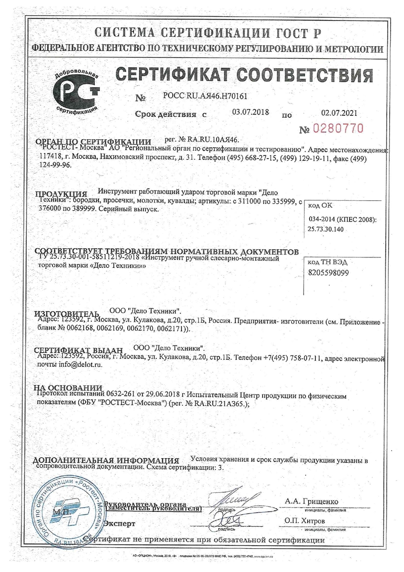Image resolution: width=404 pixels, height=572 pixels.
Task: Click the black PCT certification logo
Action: coord(76,91)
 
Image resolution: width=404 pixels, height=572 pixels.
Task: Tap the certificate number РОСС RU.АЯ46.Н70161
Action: coord(205,96)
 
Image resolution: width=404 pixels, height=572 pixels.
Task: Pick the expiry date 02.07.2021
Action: coord(339,113)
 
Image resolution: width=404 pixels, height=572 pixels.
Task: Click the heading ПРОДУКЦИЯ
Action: coord(61,194)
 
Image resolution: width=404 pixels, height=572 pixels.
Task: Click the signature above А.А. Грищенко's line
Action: coord(231,500)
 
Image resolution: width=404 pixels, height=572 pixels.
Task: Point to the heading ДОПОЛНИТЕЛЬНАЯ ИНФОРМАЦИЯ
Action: coord(105,461)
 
